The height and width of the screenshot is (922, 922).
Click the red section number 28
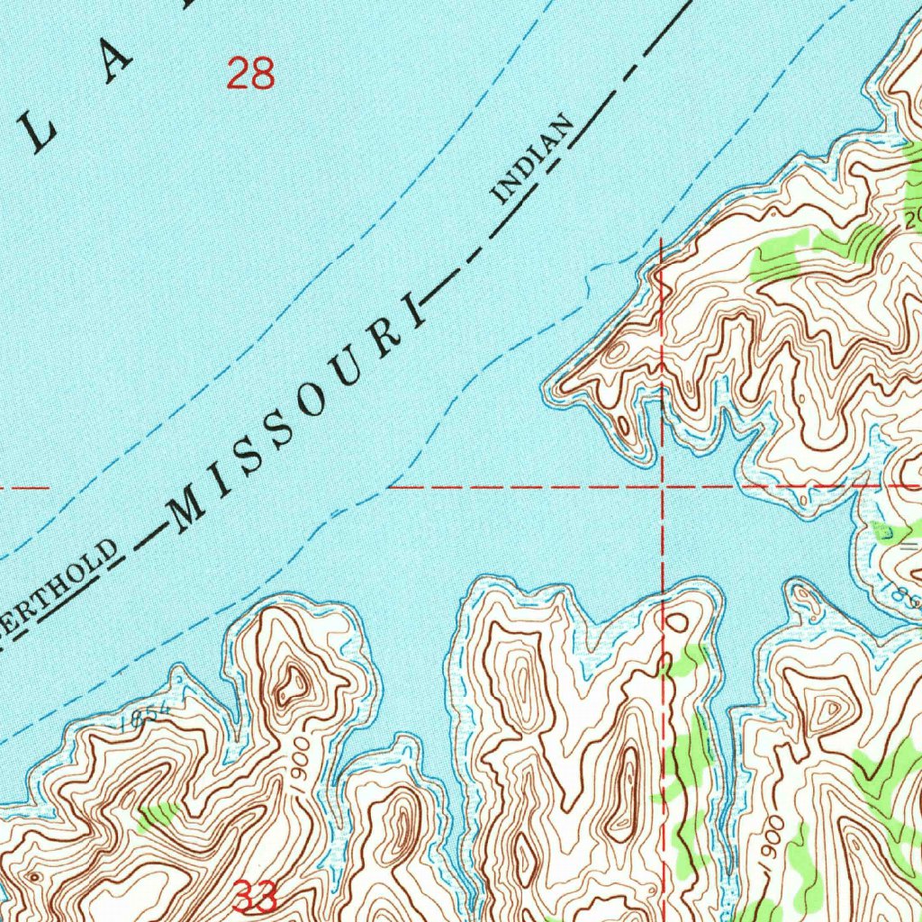[250, 73]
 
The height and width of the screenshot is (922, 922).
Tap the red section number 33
[255, 897]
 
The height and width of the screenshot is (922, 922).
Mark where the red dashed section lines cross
[663, 486]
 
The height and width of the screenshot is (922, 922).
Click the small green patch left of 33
[158, 815]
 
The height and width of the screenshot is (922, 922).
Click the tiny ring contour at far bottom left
[34, 875]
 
